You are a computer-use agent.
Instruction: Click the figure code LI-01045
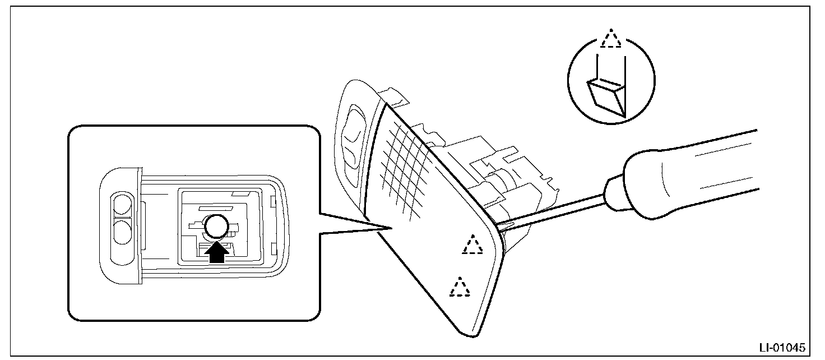coord(789,347)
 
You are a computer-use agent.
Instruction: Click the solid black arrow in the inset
coord(217,253)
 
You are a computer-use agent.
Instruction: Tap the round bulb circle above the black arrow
coord(217,227)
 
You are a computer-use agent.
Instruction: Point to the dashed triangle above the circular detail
coord(611,39)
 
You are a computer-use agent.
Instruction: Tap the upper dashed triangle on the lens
coord(472,245)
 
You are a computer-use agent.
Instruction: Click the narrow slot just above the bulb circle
coord(216,206)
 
